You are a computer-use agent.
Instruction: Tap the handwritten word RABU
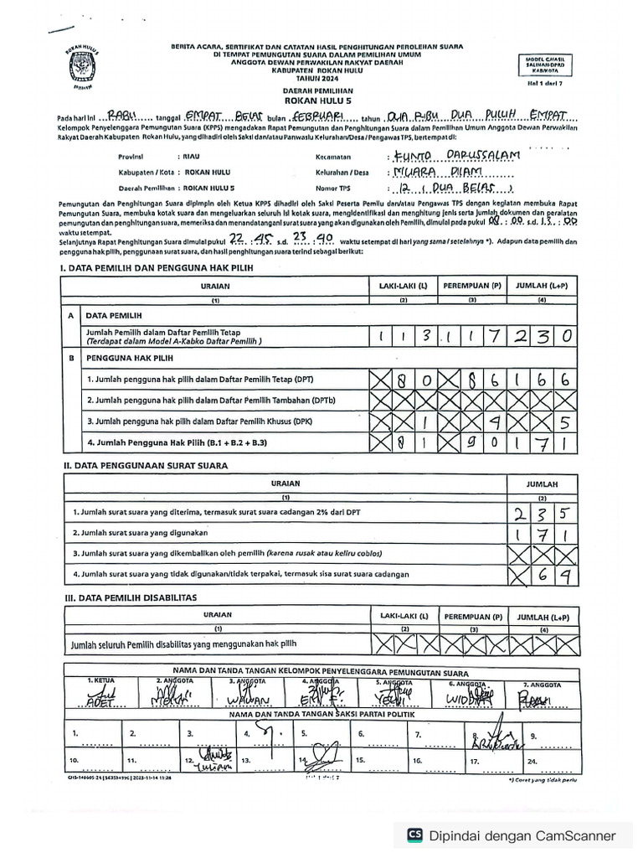[x=126, y=116]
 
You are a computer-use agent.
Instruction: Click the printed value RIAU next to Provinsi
[x=188, y=157]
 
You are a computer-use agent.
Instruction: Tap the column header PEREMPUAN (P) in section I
[x=472, y=286]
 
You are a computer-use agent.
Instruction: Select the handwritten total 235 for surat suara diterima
[x=543, y=512]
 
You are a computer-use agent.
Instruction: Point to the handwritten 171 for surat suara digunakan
[x=543, y=533]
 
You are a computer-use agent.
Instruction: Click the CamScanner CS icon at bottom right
[x=414, y=835]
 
